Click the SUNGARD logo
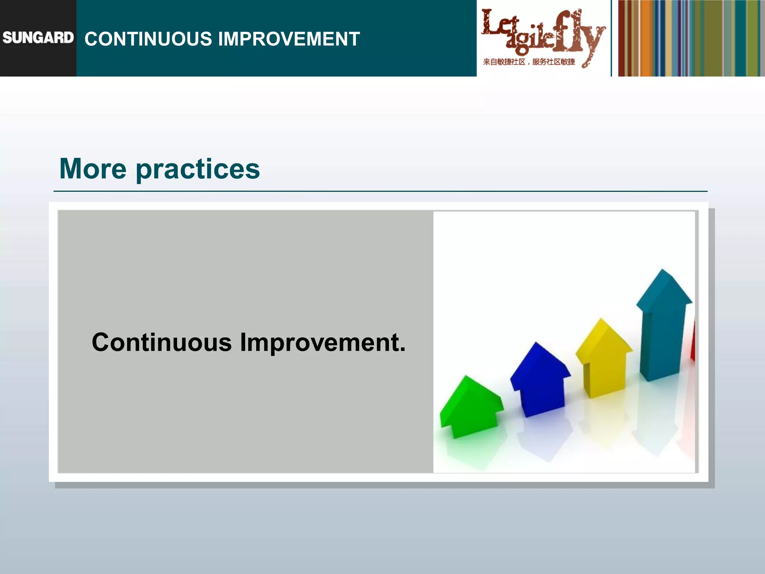tap(38, 38)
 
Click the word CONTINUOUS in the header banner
tap(148, 39)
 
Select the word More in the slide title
tap(93, 169)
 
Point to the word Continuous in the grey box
tap(162, 342)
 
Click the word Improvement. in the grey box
tap(322, 343)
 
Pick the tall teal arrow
tap(663, 329)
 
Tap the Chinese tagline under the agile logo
tap(529, 62)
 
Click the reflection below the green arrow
tap(473, 452)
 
